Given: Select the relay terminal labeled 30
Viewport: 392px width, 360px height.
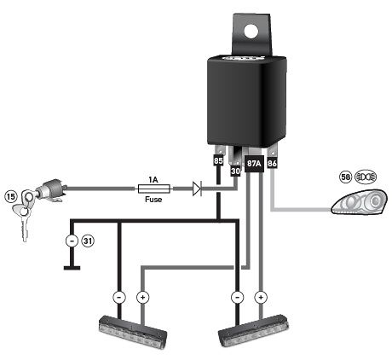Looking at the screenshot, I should (x=236, y=170).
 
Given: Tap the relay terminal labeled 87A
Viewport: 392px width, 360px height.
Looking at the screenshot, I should (x=254, y=164).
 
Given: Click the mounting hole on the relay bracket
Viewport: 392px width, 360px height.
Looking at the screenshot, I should (x=251, y=31).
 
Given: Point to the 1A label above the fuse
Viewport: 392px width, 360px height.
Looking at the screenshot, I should (x=154, y=178).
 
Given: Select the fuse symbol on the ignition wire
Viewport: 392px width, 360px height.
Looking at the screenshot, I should (x=154, y=189).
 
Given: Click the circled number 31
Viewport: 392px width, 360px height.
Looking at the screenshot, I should (x=87, y=241).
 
